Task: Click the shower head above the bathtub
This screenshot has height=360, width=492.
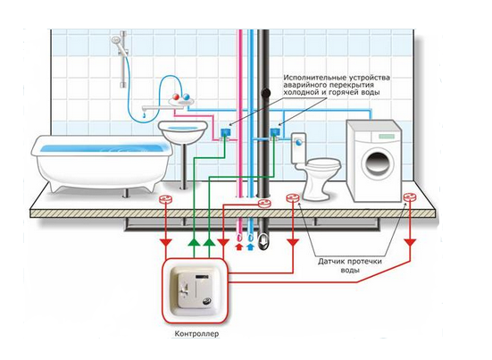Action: point(115,40)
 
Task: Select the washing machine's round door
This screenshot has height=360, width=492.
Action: point(379,163)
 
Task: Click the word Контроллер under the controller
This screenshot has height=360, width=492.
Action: point(196,333)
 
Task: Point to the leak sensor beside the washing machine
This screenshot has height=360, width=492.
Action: point(409,197)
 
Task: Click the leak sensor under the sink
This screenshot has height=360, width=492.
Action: point(166,199)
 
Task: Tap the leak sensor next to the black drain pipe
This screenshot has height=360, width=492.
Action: point(264,203)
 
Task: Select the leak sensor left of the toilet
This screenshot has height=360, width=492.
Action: point(293,197)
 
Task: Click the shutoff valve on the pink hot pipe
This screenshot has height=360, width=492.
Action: point(225,133)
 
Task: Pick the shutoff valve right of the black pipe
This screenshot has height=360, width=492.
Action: point(275,133)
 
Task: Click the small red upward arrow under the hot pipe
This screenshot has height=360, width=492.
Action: point(239,247)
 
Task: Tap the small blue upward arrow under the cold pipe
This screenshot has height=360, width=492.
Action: point(250,247)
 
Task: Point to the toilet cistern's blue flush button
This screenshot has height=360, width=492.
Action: point(299,142)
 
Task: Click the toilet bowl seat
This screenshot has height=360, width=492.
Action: point(323,163)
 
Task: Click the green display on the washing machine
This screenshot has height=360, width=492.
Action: point(387,136)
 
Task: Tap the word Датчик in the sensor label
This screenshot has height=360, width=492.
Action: point(331,261)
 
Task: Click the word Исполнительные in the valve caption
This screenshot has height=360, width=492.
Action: point(311,77)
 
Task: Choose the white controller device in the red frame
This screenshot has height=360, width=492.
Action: point(195,290)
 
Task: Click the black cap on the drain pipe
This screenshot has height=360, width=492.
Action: point(266,92)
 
